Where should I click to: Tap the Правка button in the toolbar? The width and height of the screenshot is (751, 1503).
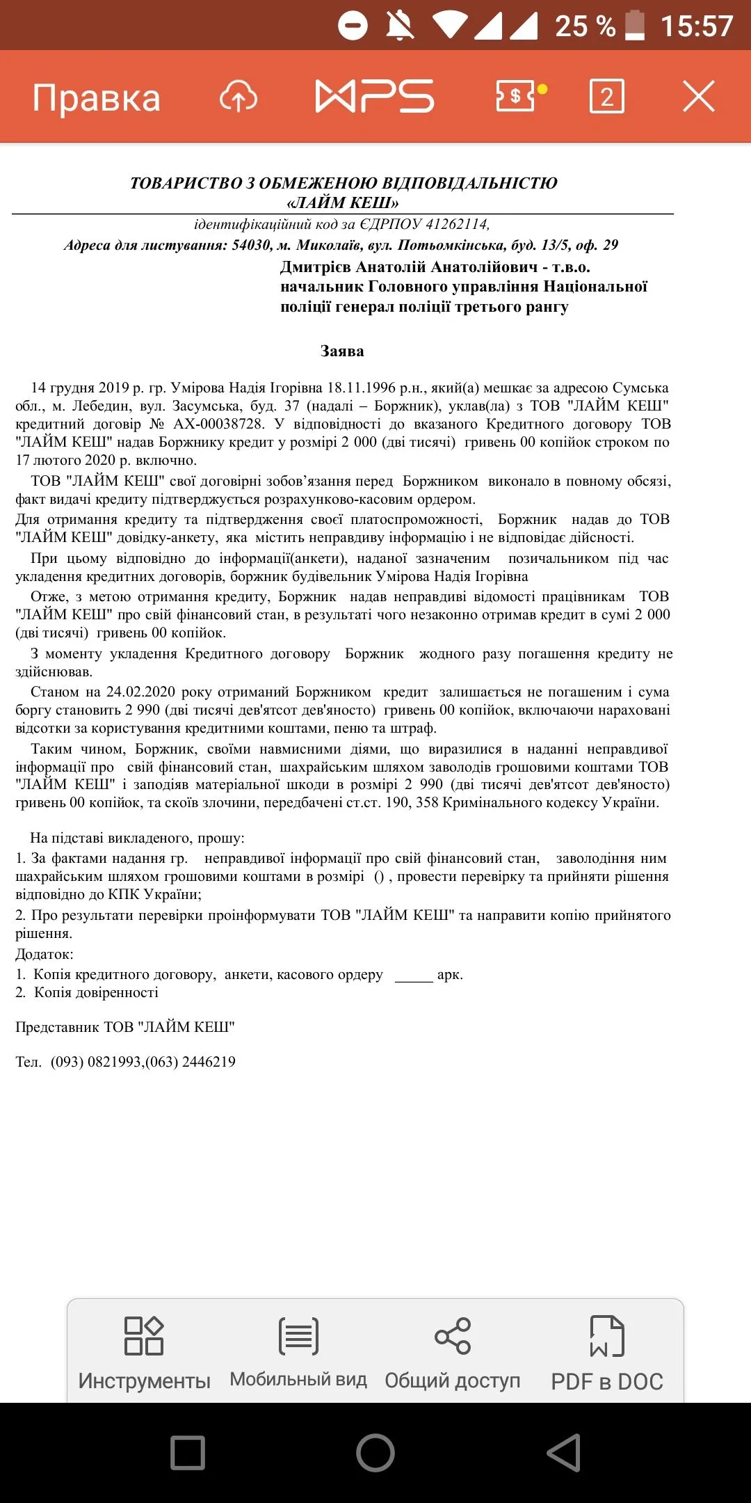tap(96, 97)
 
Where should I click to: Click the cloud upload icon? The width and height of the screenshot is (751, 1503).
tap(239, 97)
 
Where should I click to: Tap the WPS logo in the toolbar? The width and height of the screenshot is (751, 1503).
tap(375, 97)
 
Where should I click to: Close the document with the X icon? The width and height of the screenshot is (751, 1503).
tap(698, 97)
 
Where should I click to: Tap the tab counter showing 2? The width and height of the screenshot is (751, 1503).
tap(606, 97)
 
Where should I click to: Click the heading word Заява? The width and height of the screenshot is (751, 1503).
tap(342, 351)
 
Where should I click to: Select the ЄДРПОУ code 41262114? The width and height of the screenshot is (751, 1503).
tap(456, 224)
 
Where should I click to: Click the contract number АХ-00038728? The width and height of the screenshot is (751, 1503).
tap(218, 424)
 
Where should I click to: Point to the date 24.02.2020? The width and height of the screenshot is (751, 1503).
tap(140, 692)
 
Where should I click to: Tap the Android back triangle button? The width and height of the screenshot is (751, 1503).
tap(564, 1453)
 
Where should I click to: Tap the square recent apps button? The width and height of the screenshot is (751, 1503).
tap(188, 1453)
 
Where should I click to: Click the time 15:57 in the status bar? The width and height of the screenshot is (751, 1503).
tap(697, 26)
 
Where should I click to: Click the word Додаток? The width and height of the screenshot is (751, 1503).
tap(44, 954)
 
